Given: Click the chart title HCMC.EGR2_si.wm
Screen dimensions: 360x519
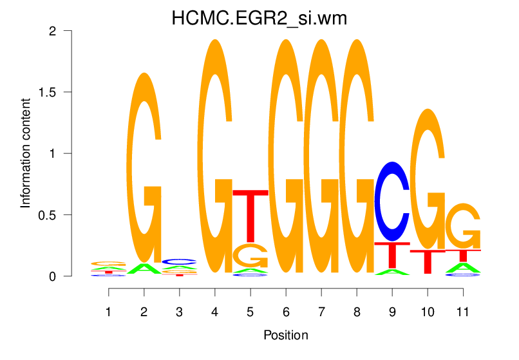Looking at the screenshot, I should [259, 18].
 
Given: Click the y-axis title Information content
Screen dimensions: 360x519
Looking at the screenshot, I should [26, 153].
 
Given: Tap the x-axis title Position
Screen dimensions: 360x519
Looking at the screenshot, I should [285, 336].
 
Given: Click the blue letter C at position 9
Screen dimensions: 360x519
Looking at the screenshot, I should [392, 201].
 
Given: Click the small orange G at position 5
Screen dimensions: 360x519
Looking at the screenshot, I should [250, 256].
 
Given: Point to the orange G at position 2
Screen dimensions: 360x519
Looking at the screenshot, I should [144, 167].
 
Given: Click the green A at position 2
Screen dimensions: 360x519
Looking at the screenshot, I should [144, 269].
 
